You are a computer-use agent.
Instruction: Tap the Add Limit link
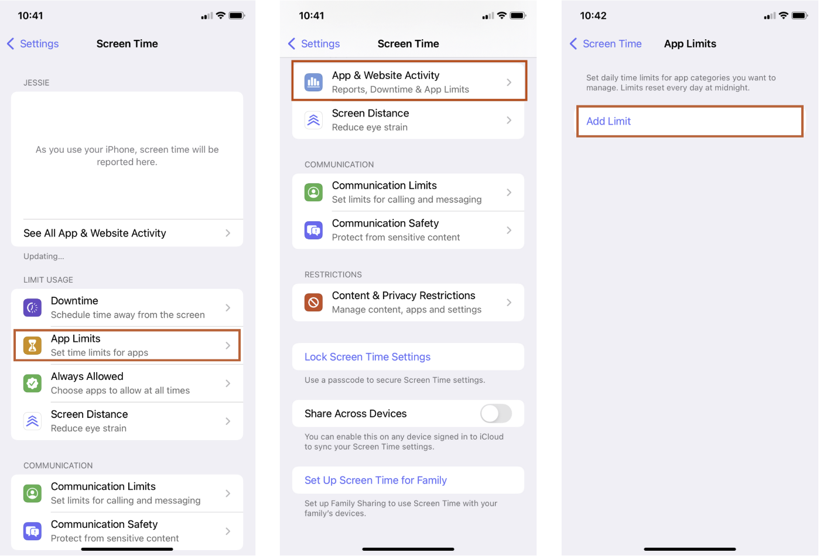(609, 121)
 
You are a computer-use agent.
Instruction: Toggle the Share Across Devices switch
(496, 413)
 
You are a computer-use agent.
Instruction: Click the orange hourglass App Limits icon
(33, 345)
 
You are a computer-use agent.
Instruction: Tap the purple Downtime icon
(33, 307)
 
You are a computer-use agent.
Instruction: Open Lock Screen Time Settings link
(367, 357)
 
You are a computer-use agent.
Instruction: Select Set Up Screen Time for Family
(375, 481)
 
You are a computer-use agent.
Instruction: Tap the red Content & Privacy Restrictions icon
(314, 303)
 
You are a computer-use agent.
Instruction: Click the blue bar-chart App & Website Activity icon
(314, 83)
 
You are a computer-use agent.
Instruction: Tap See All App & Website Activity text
(95, 233)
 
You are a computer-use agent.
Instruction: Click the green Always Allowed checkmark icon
(33, 383)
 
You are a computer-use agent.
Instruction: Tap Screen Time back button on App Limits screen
(606, 44)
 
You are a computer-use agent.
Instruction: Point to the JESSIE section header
(36, 83)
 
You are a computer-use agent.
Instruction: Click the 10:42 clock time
(593, 16)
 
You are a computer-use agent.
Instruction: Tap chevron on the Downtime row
(228, 308)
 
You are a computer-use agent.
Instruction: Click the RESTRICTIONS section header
(333, 274)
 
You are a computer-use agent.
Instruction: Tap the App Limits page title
(690, 44)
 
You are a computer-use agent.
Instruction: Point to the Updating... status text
(44, 256)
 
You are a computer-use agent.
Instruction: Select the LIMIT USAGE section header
(48, 280)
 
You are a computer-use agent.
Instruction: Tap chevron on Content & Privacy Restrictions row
(509, 303)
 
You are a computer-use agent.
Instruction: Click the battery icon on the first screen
(237, 16)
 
